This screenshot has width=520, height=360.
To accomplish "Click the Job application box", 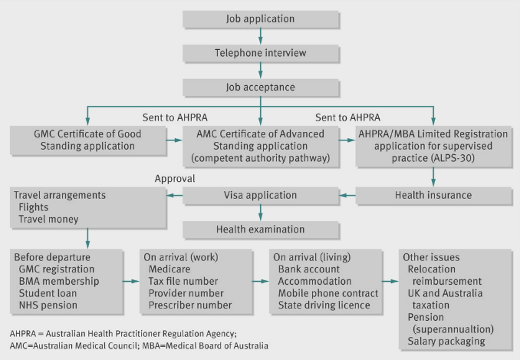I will tap(260, 18).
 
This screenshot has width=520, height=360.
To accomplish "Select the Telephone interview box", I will tap(260, 53).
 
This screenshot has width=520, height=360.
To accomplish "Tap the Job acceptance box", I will tap(260, 87).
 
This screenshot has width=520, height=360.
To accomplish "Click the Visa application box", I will tap(260, 194).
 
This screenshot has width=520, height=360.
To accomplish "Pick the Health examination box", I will tap(260, 229).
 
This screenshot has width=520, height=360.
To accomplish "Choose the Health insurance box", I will tap(433, 194).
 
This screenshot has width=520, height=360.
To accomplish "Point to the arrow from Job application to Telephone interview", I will tap(261, 35).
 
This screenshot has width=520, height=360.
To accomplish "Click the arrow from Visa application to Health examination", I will tap(261, 212).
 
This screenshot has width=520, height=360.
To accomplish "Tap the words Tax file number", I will tap(180, 282).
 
